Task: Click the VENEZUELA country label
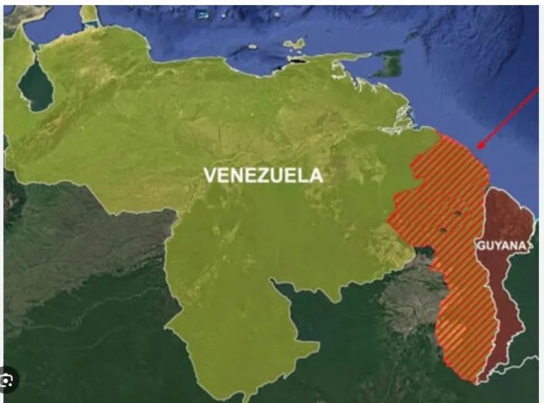[x=263, y=176]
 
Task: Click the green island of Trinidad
[x=393, y=64]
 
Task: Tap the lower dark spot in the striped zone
[x=443, y=231]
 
